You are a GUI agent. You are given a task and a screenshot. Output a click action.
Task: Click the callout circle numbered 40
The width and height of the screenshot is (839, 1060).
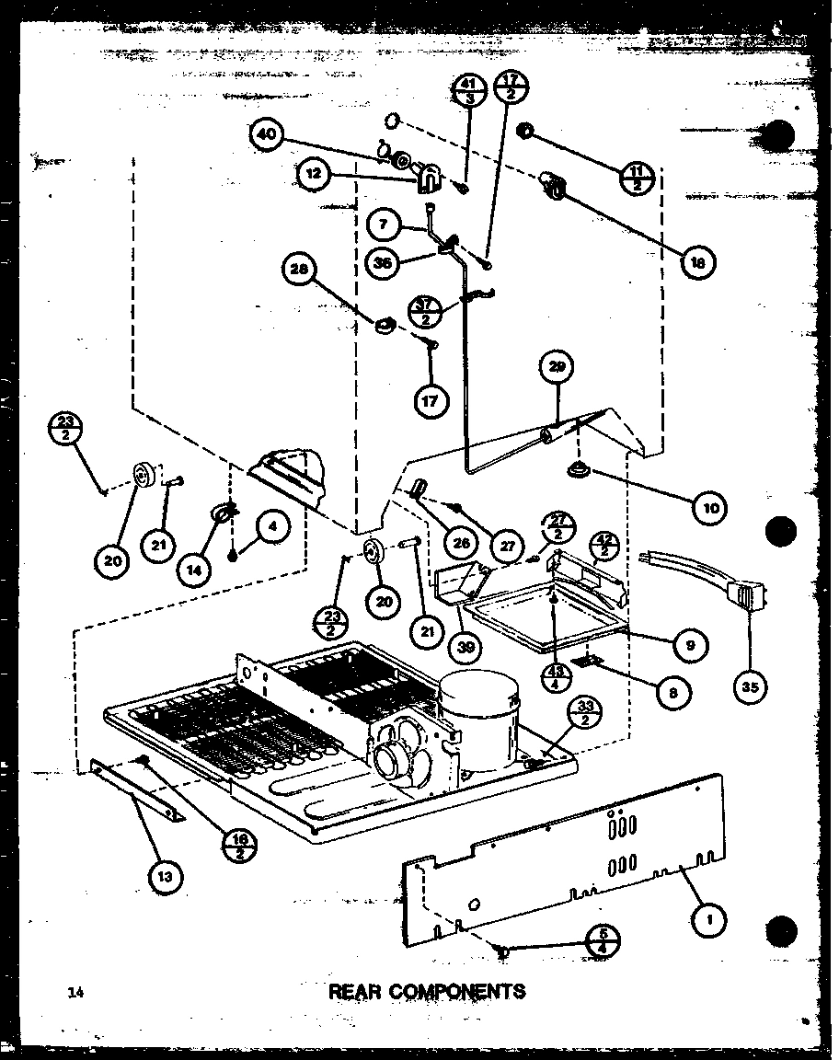267,134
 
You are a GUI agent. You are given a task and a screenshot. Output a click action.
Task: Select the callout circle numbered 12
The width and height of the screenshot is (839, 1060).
313,173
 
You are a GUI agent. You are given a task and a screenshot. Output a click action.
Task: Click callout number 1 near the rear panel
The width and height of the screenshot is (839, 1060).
710,917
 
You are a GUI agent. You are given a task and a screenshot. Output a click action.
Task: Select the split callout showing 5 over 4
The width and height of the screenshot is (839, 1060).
603,940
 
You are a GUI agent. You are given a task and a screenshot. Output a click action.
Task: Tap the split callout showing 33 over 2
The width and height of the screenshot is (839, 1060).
585,711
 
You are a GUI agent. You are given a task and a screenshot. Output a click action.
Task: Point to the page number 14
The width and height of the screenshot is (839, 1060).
75,991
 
